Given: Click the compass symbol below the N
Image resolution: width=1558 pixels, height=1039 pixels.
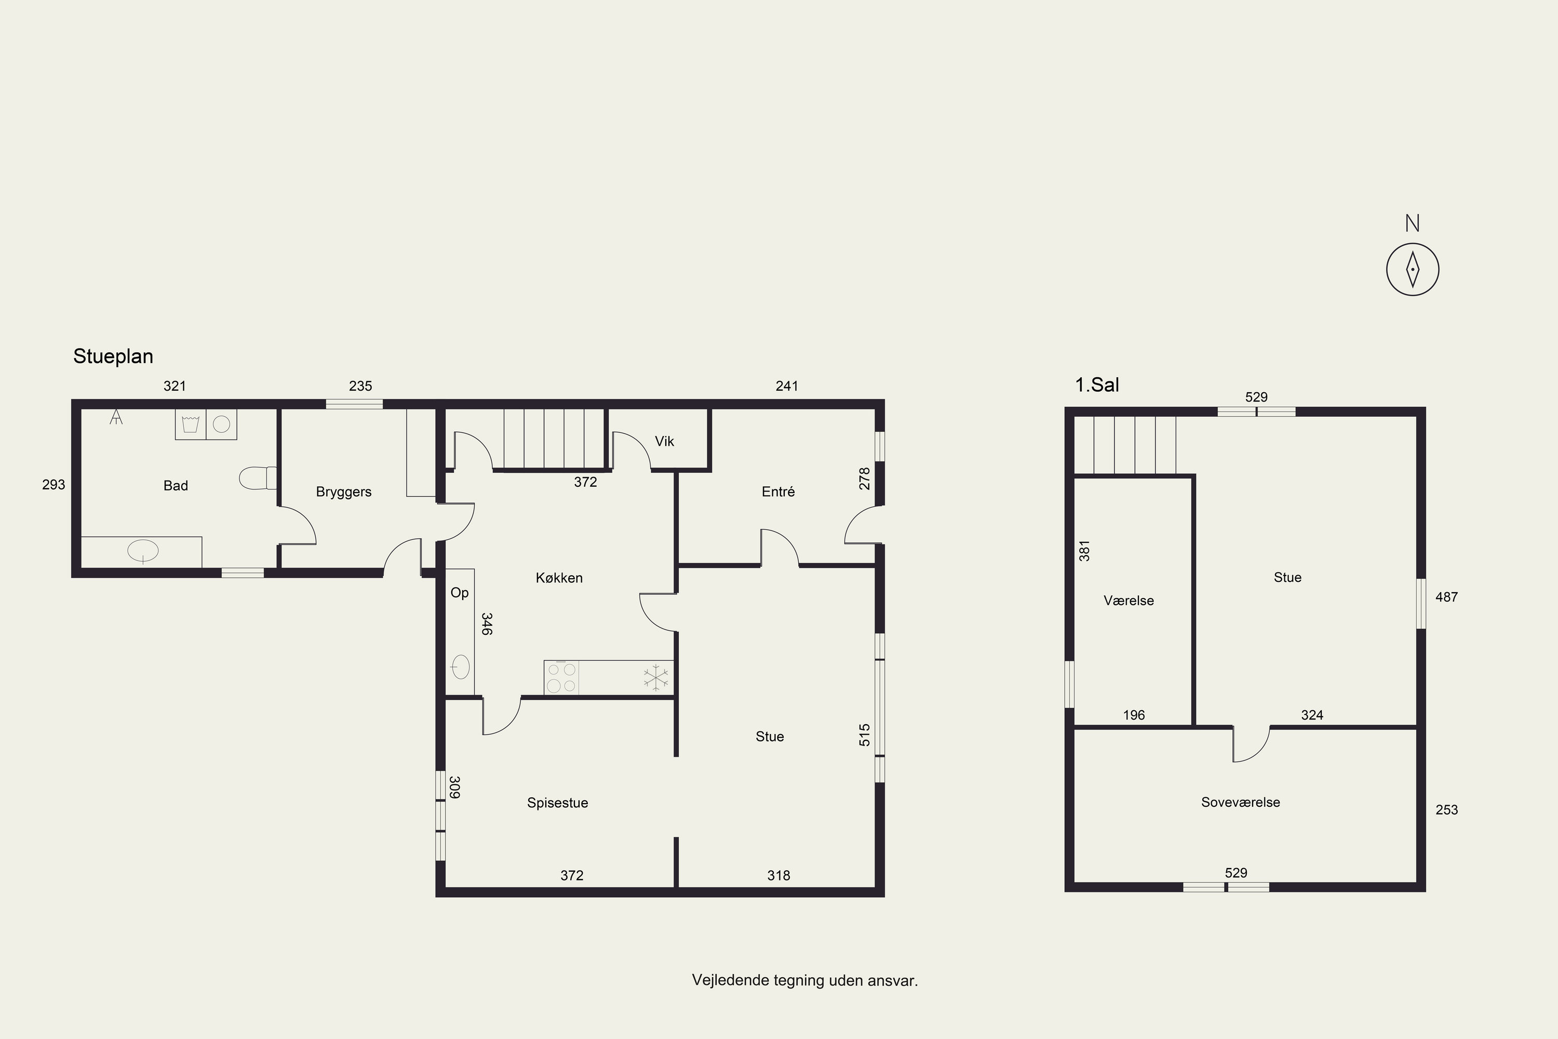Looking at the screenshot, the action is [x=1412, y=269].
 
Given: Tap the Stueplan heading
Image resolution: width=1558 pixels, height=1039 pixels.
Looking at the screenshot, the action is [x=113, y=356].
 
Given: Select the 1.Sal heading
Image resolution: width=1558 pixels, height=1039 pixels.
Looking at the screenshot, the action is [x=1096, y=385].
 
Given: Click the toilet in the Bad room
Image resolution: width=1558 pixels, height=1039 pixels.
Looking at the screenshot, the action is [x=258, y=478].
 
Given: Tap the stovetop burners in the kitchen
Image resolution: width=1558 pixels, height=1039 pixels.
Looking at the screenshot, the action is [x=561, y=678].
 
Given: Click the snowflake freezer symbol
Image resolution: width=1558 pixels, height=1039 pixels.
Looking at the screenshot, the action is [x=656, y=678].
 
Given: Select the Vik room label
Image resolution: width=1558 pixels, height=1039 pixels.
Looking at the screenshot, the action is [x=664, y=441].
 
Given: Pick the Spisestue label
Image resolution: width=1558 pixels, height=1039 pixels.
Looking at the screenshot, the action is [x=557, y=803].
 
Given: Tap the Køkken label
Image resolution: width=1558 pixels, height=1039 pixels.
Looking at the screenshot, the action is [x=559, y=578].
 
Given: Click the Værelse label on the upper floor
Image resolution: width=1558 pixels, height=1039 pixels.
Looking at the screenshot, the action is [x=1129, y=601].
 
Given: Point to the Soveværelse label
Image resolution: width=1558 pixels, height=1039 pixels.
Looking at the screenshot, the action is [x=1240, y=803].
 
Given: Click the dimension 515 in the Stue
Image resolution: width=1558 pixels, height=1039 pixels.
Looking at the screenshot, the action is [x=865, y=735].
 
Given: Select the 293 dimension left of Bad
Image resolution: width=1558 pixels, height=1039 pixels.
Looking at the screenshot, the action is [x=53, y=485].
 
